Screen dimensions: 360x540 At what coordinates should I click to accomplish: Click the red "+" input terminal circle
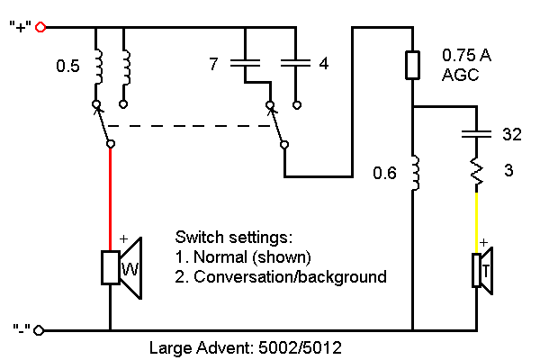pos(40,27)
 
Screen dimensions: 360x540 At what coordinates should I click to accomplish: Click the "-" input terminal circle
pos(40,330)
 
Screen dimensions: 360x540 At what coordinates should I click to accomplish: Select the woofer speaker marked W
pos(121,267)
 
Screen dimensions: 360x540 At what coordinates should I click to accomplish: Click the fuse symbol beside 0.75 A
pos(412,66)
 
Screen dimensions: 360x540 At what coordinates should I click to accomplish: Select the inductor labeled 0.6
pos(413,173)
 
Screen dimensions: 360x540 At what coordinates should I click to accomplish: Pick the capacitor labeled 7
pos(245,63)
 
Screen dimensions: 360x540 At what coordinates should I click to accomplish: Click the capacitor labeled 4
pos(294,63)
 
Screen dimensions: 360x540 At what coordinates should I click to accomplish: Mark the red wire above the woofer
pos(110,193)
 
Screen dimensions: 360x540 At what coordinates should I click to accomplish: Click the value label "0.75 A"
pos(465,55)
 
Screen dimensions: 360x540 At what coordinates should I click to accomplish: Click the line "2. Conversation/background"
pos(281,276)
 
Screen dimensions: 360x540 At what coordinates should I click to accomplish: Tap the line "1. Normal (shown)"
pos(239,258)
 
